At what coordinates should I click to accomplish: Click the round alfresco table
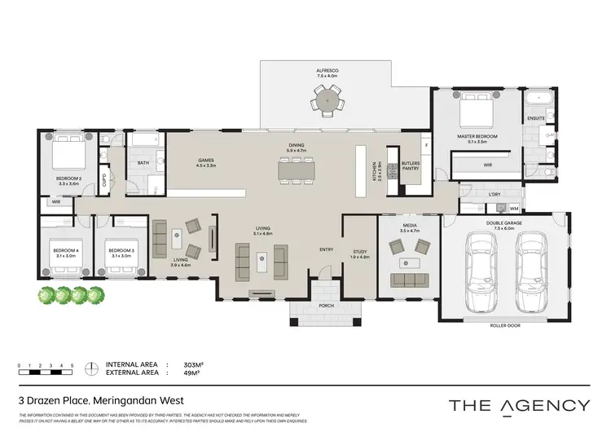tap(327, 103)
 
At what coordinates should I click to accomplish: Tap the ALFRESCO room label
tap(327, 72)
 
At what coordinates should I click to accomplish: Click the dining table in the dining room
tap(296, 169)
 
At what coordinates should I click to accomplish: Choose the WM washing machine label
tap(513, 209)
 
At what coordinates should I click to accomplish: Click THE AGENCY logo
tap(520, 405)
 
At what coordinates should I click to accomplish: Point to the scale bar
tap(45, 371)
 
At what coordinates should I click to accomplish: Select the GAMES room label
tap(206, 162)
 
